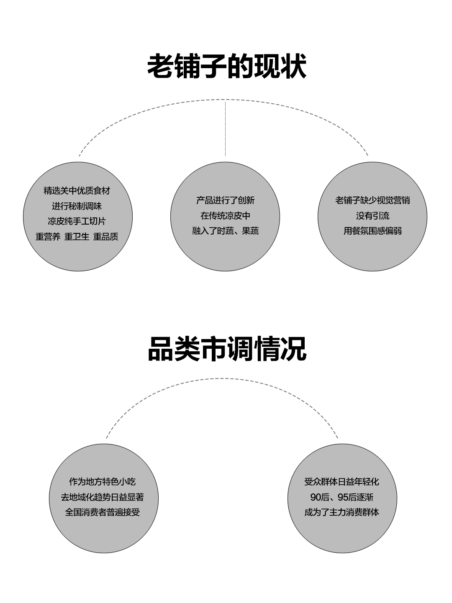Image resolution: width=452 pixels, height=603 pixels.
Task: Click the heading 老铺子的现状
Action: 226,66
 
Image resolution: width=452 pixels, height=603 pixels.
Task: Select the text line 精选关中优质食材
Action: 77,191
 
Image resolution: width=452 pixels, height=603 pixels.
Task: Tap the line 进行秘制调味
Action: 77,206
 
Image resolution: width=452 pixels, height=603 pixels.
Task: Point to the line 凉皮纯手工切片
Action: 77,221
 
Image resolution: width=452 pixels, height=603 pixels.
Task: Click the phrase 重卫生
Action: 77,237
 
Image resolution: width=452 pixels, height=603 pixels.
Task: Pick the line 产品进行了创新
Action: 225,200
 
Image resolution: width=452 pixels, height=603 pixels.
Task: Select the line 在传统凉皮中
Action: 225,216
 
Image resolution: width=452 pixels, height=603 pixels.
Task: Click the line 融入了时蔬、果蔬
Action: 225,231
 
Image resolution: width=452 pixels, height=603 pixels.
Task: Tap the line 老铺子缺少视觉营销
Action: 372,200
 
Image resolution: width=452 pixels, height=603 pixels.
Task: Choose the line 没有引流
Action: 372,216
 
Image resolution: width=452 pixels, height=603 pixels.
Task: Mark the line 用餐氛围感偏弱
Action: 372,231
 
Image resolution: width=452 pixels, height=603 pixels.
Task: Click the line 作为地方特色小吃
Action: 103,482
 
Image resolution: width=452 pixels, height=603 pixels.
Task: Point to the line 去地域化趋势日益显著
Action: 103,497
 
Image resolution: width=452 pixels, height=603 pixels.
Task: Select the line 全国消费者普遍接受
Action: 103,512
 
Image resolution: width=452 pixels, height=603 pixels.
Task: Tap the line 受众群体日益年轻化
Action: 342,482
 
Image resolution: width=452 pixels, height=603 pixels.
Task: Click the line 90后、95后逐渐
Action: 342,497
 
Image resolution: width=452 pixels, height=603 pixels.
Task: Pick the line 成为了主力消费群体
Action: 342,512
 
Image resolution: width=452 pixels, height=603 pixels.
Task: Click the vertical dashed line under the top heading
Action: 226,128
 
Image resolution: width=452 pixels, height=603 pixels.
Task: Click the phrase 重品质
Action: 105,237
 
